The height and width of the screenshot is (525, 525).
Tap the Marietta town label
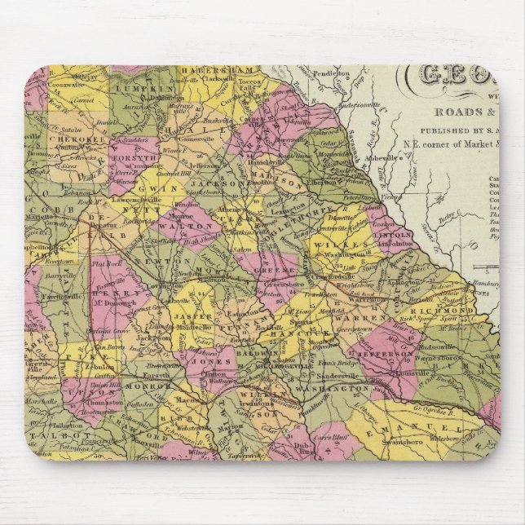click(x=40, y=217)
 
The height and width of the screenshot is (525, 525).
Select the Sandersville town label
click(x=314, y=376)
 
